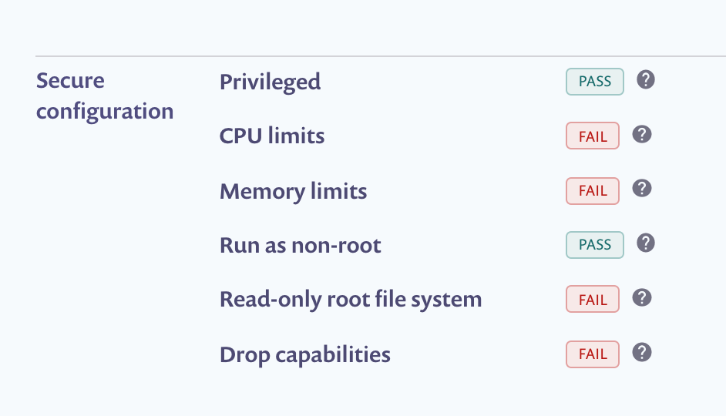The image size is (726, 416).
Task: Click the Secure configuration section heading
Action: click(105, 96)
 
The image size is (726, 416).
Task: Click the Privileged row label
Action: click(270, 82)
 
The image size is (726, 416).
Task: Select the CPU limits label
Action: click(272, 136)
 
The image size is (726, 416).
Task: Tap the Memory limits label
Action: click(293, 191)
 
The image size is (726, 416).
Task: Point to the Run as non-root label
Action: click(300, 246)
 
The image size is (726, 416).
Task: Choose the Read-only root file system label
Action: click(351, 300)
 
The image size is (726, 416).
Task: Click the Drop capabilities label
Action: click(304, 354)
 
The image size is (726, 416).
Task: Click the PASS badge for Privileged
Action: click(594, 82)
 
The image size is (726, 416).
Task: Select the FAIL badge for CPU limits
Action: click(593, 136)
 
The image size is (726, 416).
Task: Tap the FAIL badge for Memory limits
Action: click(593, 191)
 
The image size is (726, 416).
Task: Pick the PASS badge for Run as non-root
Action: click(594, 246)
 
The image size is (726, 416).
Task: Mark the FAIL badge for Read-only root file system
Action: click(593, 300)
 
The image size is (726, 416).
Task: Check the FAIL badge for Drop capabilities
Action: click(593, 354)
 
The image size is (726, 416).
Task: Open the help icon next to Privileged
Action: click(646, 79)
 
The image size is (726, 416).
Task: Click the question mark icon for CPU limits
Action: click(641, 135)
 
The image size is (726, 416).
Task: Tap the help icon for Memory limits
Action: click(641, 189)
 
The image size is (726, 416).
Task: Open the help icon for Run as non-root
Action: click(646, 243)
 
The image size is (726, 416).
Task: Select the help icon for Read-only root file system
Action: click(641, 298)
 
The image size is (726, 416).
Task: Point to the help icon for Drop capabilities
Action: click(641, 353)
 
